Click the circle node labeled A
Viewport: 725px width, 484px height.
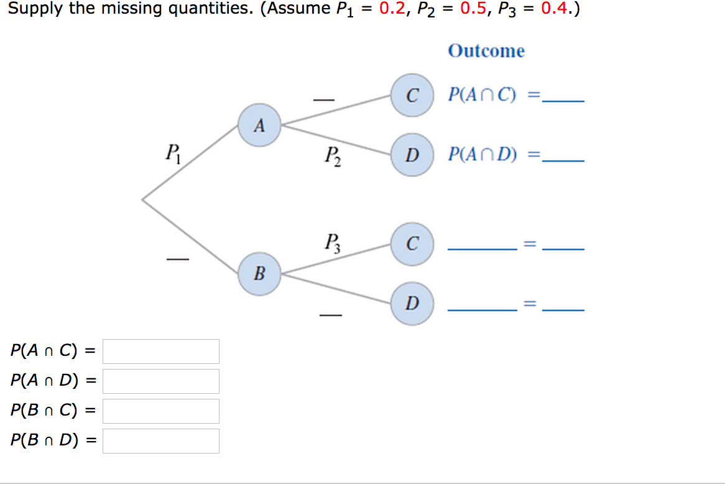pos(259,126)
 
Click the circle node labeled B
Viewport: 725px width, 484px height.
pos(259,272)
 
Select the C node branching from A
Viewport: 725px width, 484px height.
pos(412,96)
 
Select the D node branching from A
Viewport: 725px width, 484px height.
pos(412,154)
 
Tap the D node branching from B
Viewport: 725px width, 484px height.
pos(412,304)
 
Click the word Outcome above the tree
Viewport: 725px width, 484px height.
pos(486,51)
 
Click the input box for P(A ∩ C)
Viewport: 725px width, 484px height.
pos(160,351)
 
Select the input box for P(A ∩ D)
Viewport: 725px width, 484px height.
pos(160,381)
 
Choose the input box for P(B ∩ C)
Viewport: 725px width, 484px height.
pos(160,411)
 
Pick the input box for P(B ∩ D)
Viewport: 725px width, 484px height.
pos(160,440)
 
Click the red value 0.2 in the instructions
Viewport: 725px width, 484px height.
pos(392,10)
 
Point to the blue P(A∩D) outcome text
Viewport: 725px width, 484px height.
pos(483,154)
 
